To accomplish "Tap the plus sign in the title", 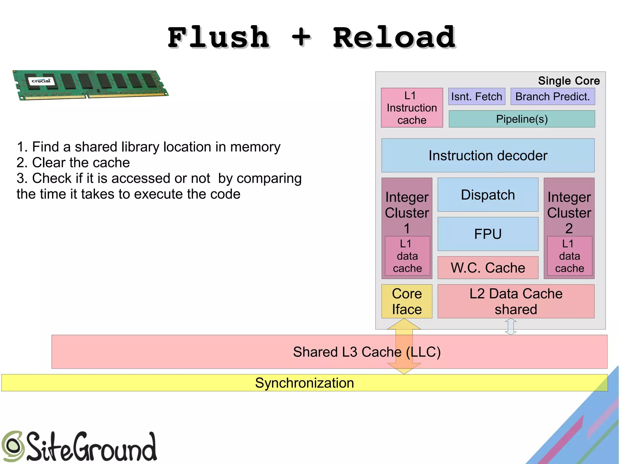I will point(301,37).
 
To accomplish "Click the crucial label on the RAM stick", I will point(41,81).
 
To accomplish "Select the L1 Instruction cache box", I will point(412,108).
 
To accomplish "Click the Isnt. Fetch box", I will point(476,97).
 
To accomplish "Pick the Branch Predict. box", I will point(553,97).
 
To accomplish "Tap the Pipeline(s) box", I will point(522,119).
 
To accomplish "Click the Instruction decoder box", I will point(488,156).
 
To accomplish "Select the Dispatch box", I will point(488,195).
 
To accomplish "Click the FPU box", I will point(488,234).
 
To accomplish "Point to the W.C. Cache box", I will point(488,268).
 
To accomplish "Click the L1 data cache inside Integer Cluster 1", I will point(407,256).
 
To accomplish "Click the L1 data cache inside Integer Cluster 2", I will point(569,256).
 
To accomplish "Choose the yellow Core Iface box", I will point(407,301).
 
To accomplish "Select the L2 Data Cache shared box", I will point(516,301).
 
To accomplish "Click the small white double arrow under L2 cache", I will point(510,326).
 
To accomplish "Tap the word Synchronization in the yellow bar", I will point(304,383).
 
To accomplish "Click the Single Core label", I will point(569,81).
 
